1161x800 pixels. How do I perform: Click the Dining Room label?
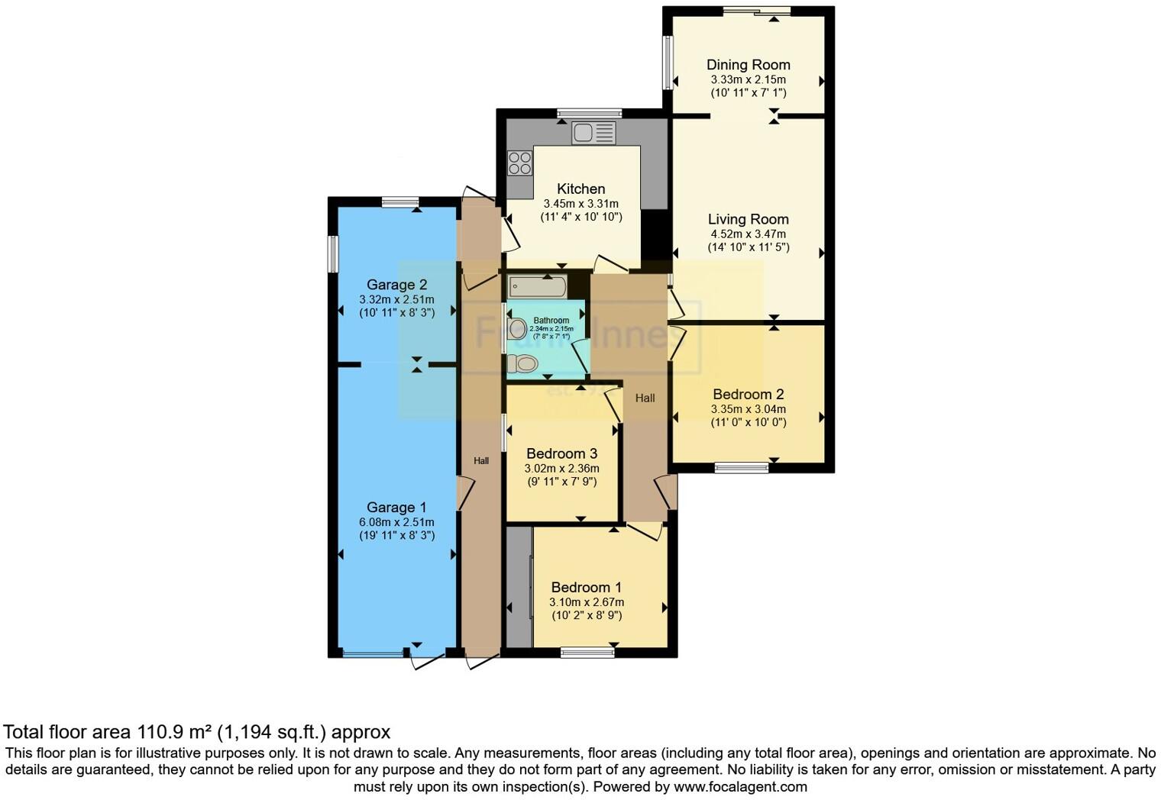748,65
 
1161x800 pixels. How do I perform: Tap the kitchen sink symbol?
593,133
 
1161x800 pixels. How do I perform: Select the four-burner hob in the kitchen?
520,163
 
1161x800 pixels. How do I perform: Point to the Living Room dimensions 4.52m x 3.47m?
748,234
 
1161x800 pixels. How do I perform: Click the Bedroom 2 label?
748,395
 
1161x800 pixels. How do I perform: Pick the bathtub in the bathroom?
538,288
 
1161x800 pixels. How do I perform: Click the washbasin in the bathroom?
518,329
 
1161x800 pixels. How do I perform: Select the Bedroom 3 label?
561,453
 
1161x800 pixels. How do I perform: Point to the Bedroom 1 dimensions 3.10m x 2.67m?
586,602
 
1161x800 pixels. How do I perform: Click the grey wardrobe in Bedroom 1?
519,586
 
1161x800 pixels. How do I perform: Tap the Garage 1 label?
396,508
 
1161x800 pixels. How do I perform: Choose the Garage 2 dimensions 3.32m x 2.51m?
396,300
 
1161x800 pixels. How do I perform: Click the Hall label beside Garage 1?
481,461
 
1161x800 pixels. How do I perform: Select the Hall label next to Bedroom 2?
645,398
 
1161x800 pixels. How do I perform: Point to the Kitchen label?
580,189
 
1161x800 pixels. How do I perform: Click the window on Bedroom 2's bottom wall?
742,467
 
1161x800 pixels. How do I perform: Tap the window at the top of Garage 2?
399,202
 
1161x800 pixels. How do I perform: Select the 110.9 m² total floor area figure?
175,733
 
